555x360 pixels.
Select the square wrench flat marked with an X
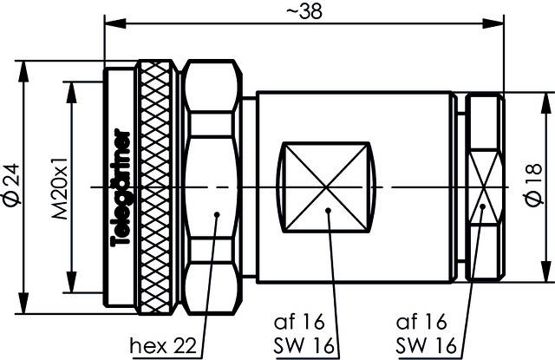click(x=326, y=187)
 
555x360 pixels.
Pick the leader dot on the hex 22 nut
click(x=216, y=212)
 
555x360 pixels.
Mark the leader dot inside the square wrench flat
click(x=328, y=211)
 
